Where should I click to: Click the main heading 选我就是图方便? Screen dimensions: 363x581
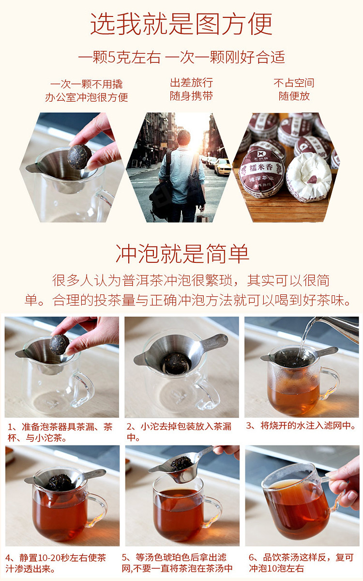[x=181, y=24]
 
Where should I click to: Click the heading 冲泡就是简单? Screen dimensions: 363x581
[x=182, y=253]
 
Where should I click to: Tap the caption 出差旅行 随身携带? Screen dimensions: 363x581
[x=191, y=90]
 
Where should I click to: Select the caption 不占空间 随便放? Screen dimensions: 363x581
[x=294, y=90]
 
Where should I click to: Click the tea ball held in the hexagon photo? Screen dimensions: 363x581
[x=79, y=157]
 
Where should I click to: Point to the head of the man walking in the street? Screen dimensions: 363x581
[x=183, y=138]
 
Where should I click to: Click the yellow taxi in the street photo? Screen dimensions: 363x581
[x=223, y=167]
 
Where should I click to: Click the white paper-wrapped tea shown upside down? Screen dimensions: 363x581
[x=309, y=177]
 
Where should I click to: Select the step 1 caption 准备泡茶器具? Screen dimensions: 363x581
[x=60, y=432]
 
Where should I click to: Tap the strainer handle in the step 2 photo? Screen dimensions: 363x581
[x=214, y=342]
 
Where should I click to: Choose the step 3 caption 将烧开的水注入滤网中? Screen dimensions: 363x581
[x=301, y=426]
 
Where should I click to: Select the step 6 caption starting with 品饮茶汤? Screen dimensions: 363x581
[x=301, y=562]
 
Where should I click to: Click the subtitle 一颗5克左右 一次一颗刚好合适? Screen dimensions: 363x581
[x=181, y=57]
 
